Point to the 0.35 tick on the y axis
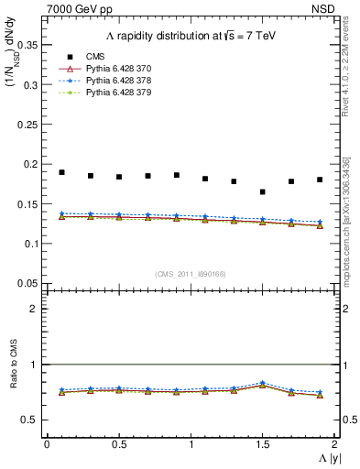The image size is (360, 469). click(28, 45)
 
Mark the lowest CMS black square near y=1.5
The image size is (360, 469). click(262, 191)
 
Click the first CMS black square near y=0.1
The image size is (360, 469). click(61, 172)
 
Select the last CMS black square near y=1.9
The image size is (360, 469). click(320, 180)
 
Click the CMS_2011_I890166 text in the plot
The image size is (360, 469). click(190, 274)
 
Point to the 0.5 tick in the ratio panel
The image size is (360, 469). click(31, 420)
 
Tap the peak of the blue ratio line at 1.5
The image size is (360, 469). click(262, 383)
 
